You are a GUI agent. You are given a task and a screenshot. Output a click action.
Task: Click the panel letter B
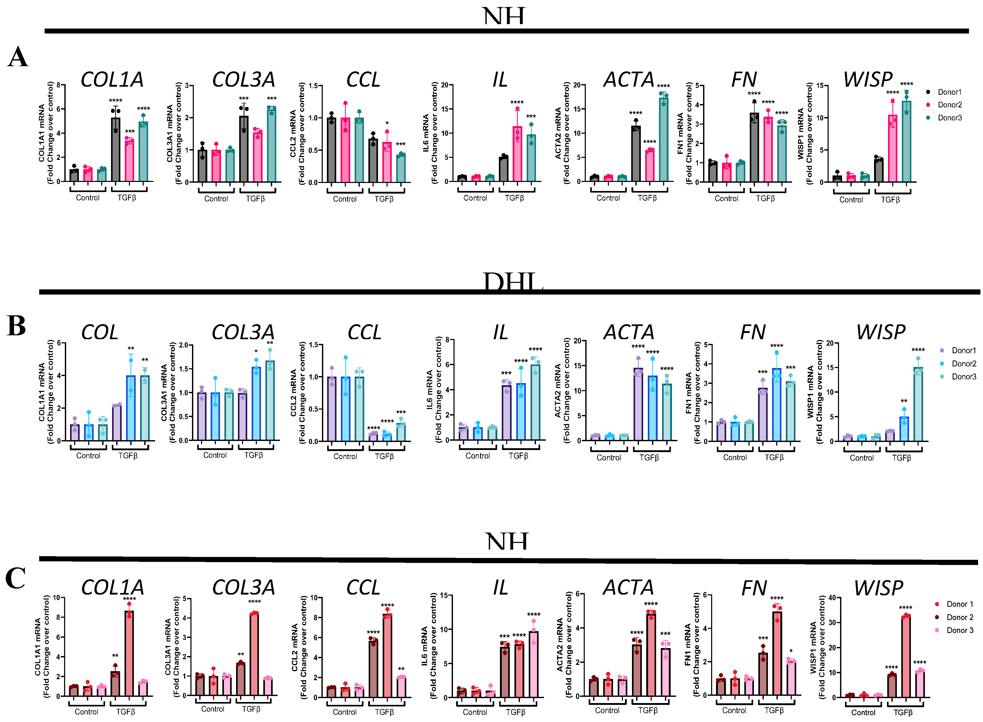click(x=17, y=326)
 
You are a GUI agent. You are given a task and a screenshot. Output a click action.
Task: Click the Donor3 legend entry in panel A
click(x=949, y=118)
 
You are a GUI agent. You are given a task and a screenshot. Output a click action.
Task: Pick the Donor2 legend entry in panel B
click(x=963, y=364)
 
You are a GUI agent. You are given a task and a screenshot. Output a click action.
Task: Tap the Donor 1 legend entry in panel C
click(x=959, y=604)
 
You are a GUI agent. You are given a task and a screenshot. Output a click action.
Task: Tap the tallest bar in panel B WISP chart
click(x=918, y=404)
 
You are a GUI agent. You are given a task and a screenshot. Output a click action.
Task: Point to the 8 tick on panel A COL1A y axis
click(x=59, y=85)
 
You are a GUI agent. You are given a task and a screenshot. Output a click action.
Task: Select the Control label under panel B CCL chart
click(x=345, y=456)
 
